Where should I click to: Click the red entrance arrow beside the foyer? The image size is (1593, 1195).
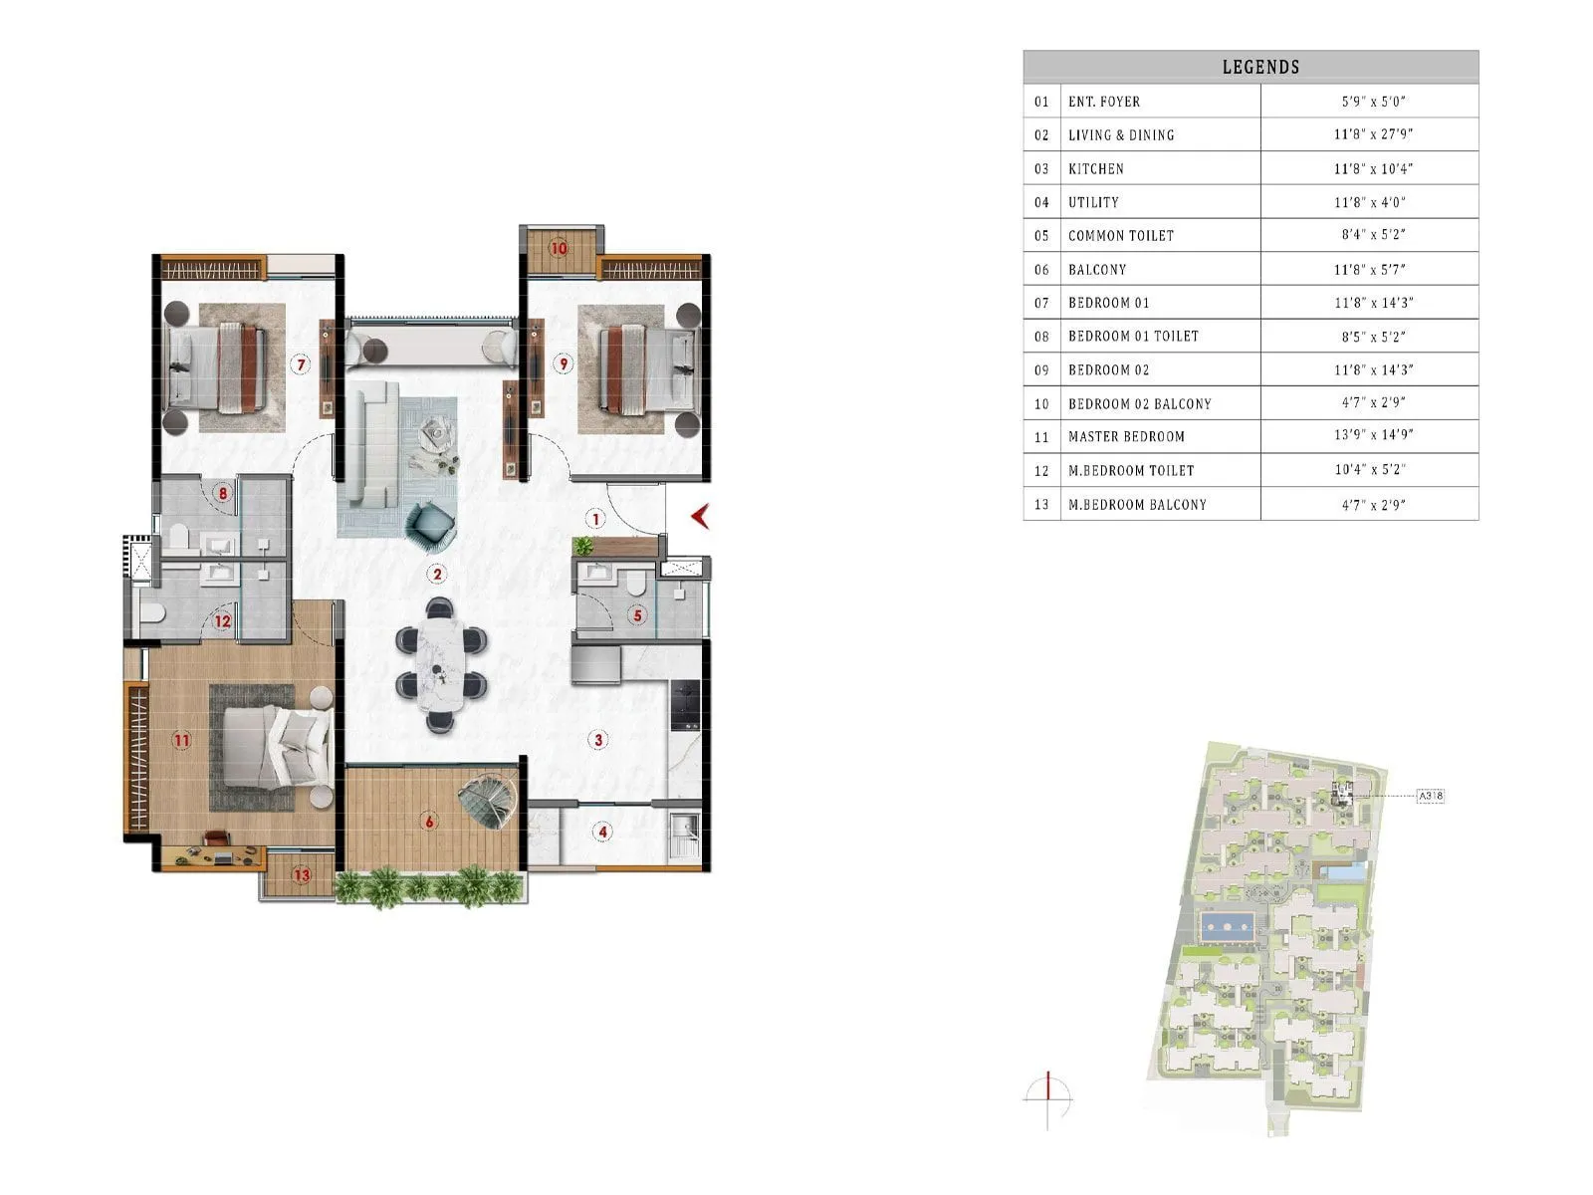point(700,516)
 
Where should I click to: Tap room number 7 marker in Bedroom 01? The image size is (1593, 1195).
point(301,364)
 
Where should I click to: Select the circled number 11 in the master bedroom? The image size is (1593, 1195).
point(181,740)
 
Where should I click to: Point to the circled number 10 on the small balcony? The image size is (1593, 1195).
point(559,248)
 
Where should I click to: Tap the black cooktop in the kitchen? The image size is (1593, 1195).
point(685,704)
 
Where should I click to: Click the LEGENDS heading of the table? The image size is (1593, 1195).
point(1260,67)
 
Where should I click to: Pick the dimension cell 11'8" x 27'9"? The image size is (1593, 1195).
point(1373,134)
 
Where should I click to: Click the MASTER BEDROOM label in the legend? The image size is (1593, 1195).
point(1126,436)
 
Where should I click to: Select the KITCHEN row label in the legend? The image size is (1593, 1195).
point(1095,168)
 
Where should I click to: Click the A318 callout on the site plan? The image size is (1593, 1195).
point(1430,796)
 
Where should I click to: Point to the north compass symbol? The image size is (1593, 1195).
point(1048,1099)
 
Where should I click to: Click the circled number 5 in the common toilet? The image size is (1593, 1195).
point(638,616)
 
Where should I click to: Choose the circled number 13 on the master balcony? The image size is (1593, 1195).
point(302,875)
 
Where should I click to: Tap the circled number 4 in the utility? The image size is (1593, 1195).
point(602,832)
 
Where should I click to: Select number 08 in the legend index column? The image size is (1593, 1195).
point(1041,337)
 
